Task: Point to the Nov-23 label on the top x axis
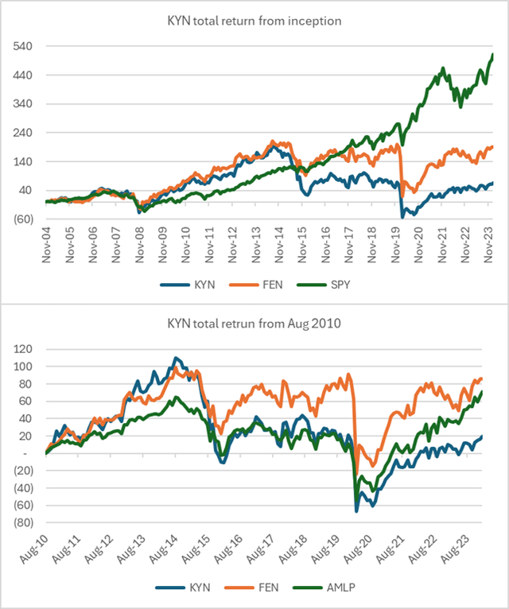488,244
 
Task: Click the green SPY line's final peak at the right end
492,54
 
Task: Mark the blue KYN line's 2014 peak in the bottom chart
176,358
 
